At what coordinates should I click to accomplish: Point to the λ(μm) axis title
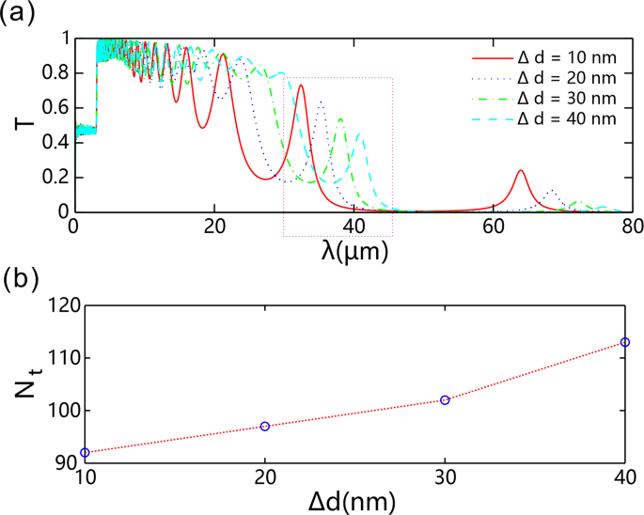[x=355, y=252]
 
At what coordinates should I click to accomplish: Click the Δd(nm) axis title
[x=355, y=498]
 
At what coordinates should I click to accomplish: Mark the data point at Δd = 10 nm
[x=85, y=453]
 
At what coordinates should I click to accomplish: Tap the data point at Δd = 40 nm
[x=625, y=342]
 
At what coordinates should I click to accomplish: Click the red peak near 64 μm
[x=521, y=171]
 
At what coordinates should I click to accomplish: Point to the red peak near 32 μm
[x=301, y=86]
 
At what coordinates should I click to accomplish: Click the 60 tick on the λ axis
[x=493, y=226]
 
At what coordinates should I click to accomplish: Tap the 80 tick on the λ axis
[x=632, y=226]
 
